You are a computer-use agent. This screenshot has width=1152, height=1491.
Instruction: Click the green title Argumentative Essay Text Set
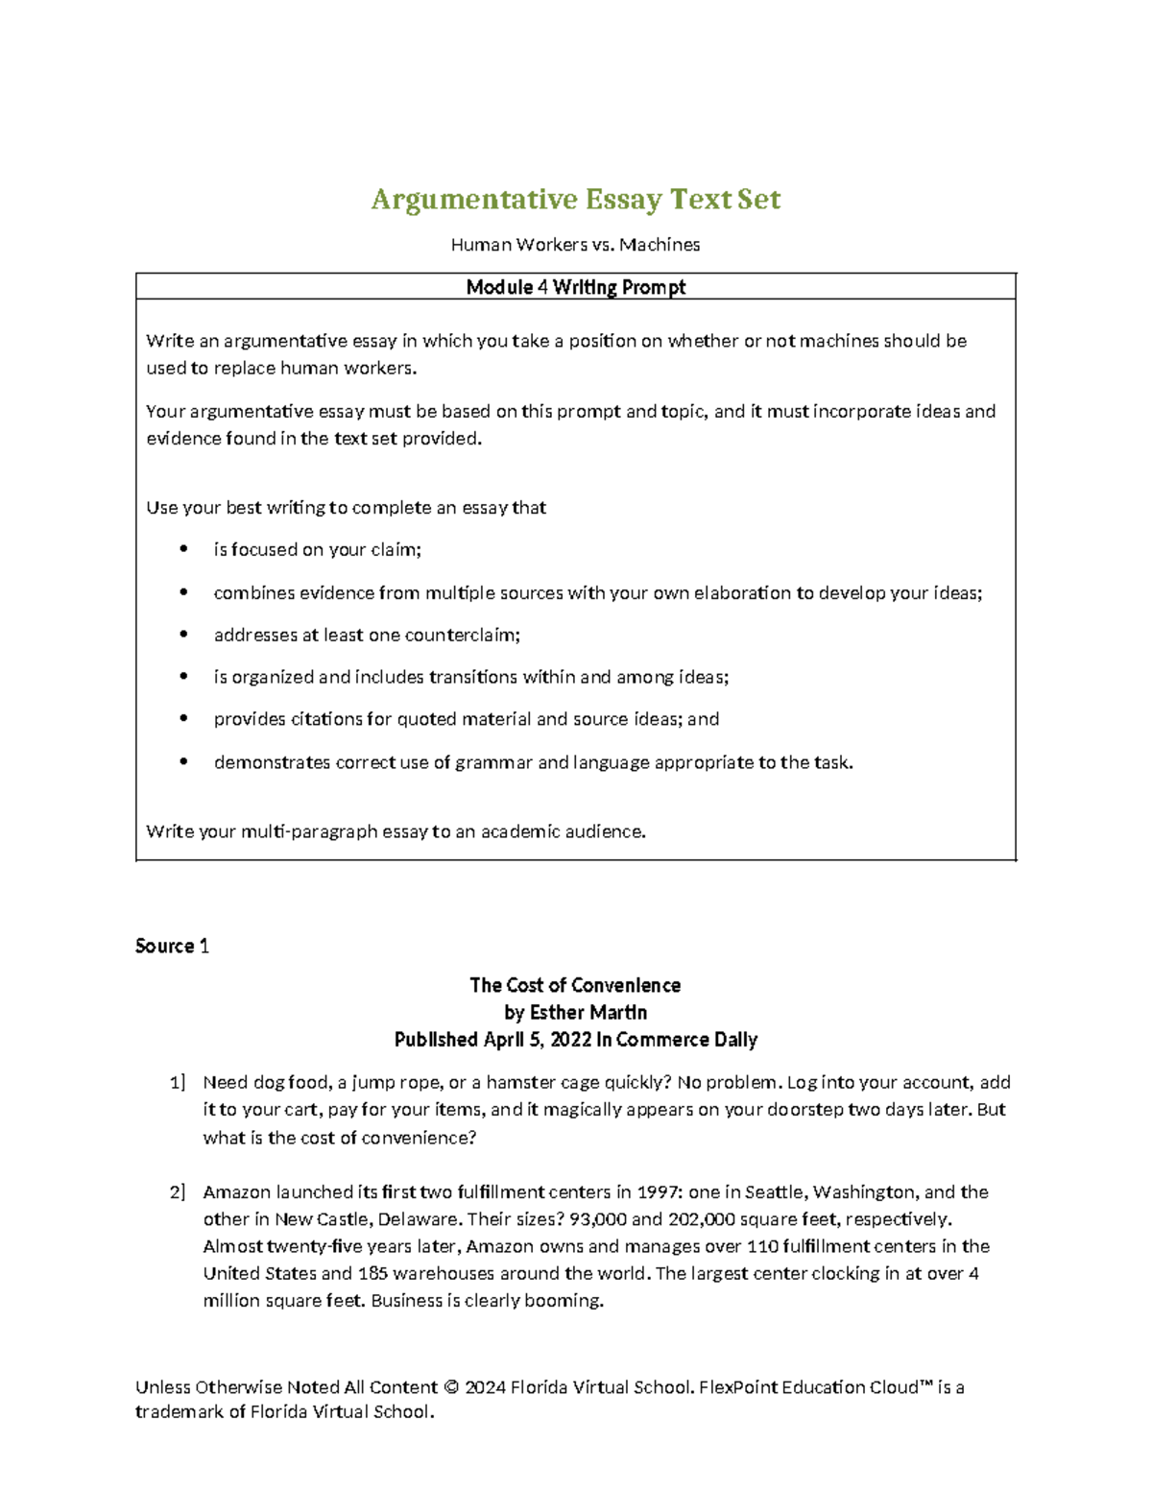click(x=576, y=199)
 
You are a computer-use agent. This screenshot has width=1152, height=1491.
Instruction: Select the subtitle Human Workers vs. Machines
click(x=575, y=245)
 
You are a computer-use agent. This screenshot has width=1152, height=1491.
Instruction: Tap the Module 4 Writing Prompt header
click(x=575, y=287)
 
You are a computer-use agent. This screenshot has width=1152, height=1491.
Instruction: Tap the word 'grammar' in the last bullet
click(x=493, y=762)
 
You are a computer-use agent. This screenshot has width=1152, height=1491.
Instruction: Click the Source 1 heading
click(x=172, y=946)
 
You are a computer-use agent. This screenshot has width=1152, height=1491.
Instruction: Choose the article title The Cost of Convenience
click(x=575, y=985)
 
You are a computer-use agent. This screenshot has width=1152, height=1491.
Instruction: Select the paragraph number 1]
click(x=178, y=1083)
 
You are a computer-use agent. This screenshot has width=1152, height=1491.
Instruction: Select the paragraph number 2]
click(x=178, y=1192)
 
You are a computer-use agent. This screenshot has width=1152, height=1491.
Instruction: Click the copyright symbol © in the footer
click(x=453, y=1387)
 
